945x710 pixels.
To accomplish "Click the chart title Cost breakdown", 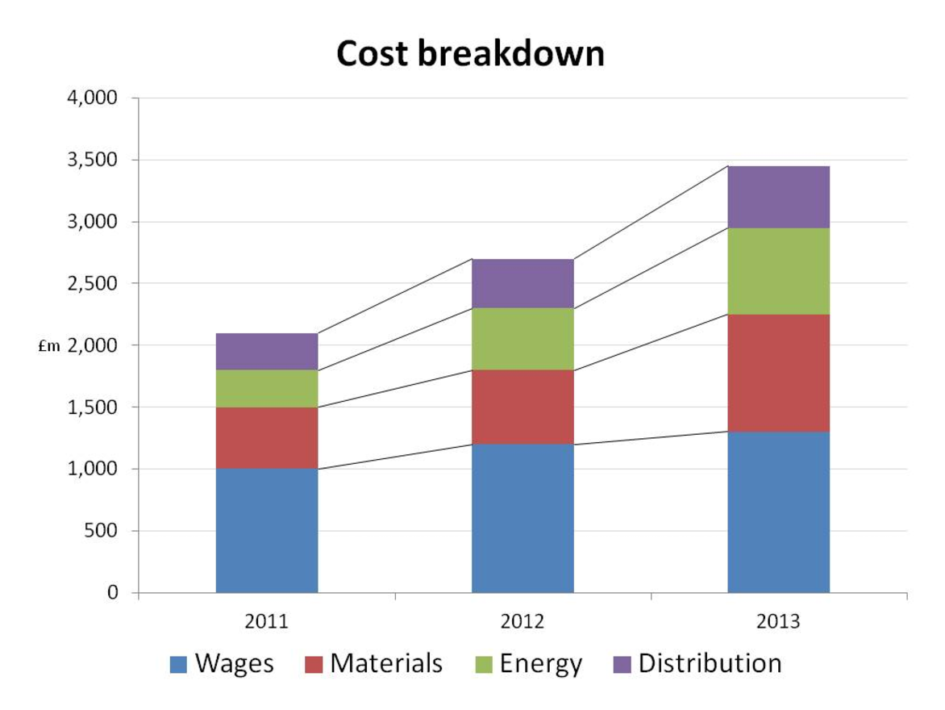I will coord(470,54).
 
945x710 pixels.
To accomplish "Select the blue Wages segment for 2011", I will coord(267,530).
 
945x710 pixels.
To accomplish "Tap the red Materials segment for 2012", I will coord(522,407).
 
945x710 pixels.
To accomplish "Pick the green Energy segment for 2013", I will coord(778,271).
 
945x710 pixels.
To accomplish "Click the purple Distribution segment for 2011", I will coord(267,351).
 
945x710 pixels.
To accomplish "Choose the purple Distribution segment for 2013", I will coord(778,197).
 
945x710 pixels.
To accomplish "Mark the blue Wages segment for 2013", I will coord(778,512).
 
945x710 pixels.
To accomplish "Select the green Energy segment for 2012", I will coord(522,339).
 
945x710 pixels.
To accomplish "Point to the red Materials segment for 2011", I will coord(267,437).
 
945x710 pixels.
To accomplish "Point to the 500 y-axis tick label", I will coord(100,531).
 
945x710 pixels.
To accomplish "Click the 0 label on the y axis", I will coord(112,593).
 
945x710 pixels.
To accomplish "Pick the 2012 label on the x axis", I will coord(522,622).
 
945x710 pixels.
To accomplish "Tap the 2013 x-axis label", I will coord(778,622).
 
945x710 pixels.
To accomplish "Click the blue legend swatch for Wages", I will coord(178,665).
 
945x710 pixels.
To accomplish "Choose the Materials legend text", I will coord(386,663).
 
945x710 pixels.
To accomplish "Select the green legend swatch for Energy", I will coord(482,665).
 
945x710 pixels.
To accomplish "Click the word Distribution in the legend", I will coord(710,663).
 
